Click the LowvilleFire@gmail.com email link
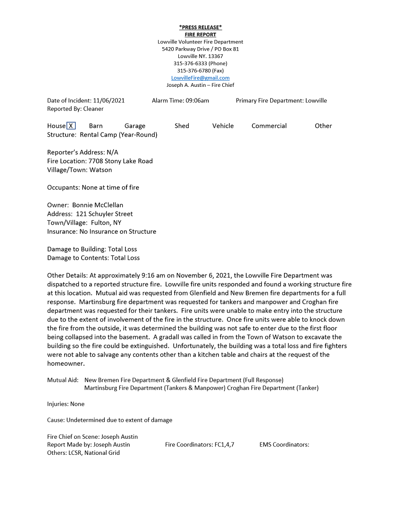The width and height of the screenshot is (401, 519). coord(200,78)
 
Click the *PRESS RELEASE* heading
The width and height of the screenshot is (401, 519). coord(200,27)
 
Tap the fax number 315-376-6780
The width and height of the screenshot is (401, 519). coord(193,71)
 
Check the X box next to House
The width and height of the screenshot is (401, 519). coord(71,126)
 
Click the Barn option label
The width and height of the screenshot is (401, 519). coord(96,126)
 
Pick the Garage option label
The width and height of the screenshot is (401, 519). coord(135,126)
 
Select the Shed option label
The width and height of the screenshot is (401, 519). coord(182,126)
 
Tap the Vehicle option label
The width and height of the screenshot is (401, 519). coord(223,126)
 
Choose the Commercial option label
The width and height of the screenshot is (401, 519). coord(269,126)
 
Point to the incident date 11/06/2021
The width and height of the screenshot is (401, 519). coord(109,100)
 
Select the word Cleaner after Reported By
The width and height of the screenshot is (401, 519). coord(93,109)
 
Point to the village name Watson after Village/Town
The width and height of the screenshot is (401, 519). coord(100,170)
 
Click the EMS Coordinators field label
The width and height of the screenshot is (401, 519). coord(284,444)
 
